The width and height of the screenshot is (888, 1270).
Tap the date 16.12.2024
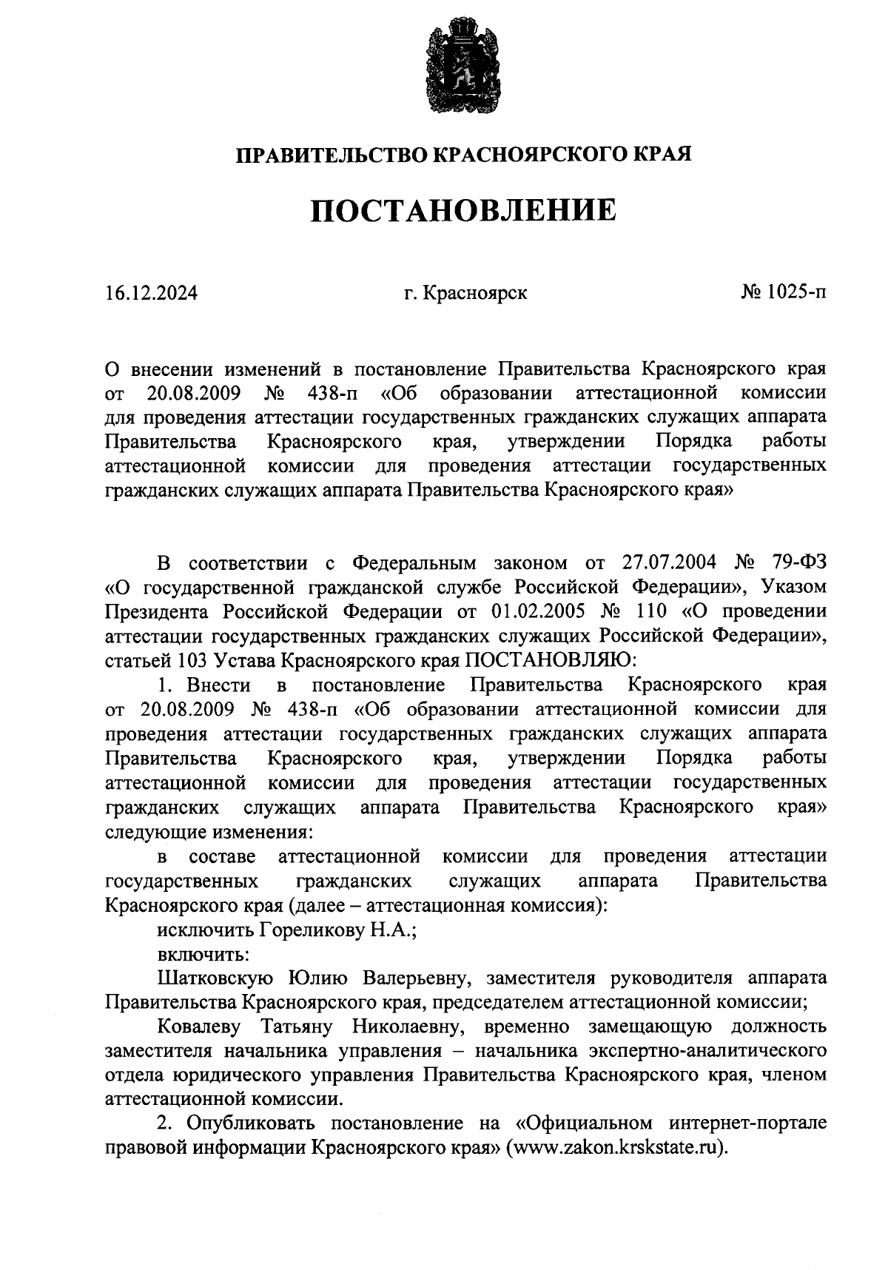(151, 293)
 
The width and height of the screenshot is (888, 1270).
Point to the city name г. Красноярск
(465, 293)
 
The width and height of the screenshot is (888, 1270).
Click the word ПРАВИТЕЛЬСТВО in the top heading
(331, 155)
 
